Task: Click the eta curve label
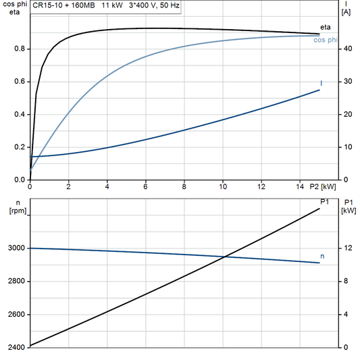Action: (x=325, y=27)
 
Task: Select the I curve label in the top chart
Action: (x=321, y=83)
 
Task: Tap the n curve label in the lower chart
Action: (x=322, y=257)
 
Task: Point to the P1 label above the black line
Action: (x=324, y=201)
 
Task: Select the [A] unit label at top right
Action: (x=346, y=12)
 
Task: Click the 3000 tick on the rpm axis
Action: (x=16, y=249)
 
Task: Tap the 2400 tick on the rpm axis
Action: (x=16, y=347)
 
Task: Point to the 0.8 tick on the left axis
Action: (x=20, y=49)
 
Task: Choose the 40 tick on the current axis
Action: (x=346, y=49)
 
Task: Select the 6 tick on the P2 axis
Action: (x=145, y=186)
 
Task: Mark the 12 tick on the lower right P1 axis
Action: (x=346, y=249)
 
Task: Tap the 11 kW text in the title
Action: (x=112, y=5)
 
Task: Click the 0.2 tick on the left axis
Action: (x=20, y=147)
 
